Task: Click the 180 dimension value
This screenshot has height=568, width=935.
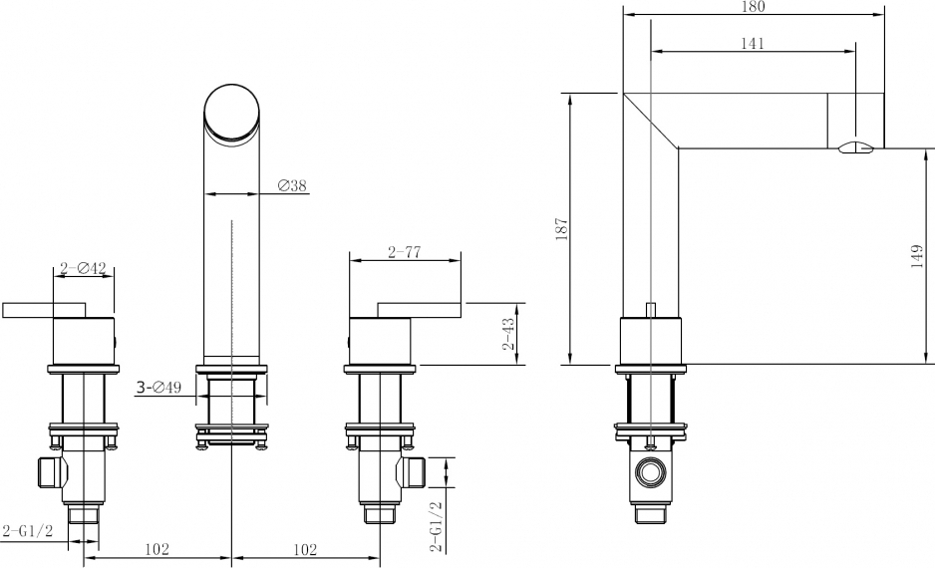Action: (x=754, y=7)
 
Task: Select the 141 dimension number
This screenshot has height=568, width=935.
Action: (x=753, y=44)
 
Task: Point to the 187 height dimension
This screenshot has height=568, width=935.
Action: (x=562, y=229)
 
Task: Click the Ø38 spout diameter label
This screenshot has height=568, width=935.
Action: (x=292, y=186)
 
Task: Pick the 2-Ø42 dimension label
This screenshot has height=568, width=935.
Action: (x=83, y=269)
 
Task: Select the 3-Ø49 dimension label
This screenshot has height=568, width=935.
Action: (x=158, y=388)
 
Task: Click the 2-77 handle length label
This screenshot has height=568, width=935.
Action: (x=405, y=253)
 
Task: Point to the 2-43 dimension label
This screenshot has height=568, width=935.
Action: (x=508, y=334)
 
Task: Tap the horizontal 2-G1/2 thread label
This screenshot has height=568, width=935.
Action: (x=28, y=530)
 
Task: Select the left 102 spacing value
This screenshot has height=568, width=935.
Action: (x=156, y=549)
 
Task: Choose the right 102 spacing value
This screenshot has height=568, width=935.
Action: (x=305, y=549)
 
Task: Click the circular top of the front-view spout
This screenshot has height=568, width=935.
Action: (x=232, y=113)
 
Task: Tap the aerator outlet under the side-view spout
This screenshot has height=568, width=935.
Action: (x=855, y=147)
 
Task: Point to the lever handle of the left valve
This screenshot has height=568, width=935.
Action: (x=44, y=310)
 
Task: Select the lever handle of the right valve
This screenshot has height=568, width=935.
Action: (x=420, y=310)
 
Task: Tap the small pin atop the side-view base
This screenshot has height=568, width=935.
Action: (x=651, y=311)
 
